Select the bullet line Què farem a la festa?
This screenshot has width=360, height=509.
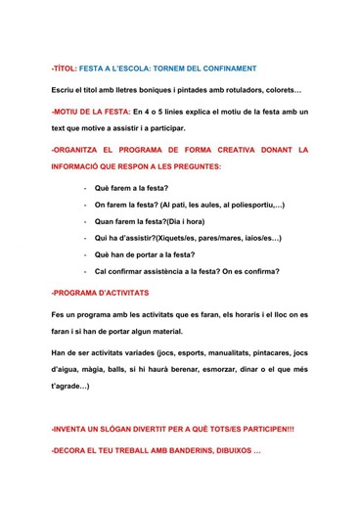point(131,188)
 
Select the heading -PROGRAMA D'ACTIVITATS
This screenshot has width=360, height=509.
point(99,293)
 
